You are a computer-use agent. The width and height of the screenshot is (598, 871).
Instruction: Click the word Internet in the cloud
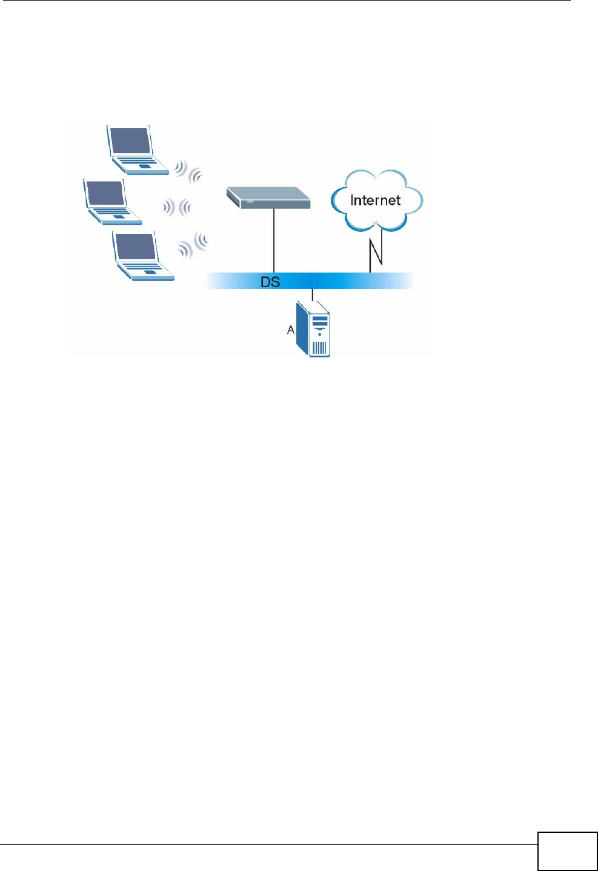[x=375, y=200]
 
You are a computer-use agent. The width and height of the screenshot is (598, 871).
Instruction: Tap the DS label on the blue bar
[x=270, y=282]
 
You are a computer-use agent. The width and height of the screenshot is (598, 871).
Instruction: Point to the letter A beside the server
[x=291, y=330]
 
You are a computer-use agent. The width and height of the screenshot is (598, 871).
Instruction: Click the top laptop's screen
[x=130, y=141]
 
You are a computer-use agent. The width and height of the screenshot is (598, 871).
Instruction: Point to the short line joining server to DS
[x=312, y=295]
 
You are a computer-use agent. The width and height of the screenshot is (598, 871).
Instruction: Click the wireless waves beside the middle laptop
[x=176, y=208]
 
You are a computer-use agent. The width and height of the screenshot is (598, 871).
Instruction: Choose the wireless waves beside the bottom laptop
[x=193, y=245]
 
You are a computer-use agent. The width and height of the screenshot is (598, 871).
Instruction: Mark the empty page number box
[x=567, y=851]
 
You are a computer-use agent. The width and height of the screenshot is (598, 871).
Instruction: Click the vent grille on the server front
[x=319, y=348]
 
